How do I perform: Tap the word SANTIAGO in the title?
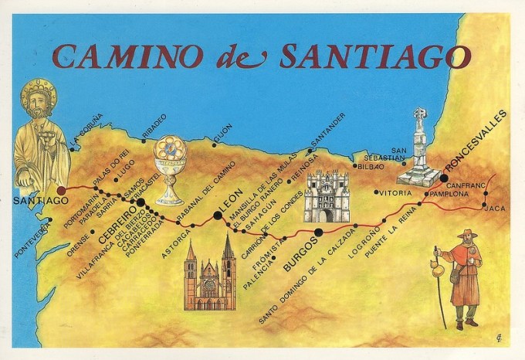[374, 56]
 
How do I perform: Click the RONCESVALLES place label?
[477, 141]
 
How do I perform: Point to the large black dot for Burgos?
[318, 232]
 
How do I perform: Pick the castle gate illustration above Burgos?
[327, 196]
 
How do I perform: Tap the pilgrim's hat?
[466, 235]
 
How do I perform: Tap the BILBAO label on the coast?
[370, 165]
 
